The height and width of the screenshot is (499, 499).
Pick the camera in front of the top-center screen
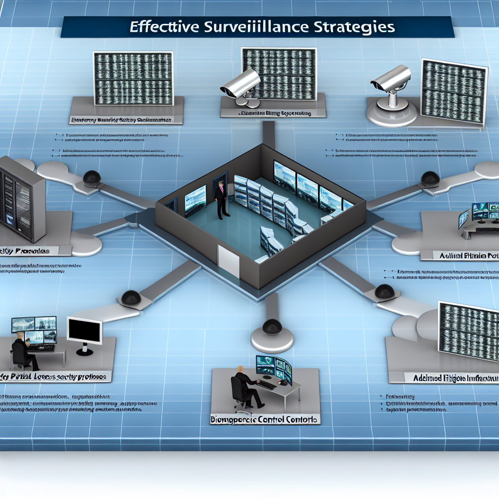click(x=241, y=85)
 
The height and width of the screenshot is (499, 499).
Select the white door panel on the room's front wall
click(x=228, y=260)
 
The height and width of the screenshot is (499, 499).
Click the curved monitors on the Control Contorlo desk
click(x=274, y=368)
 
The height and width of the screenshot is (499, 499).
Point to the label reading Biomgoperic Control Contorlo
click(x=265, y=419)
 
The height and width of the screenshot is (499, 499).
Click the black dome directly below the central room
click(x=272, y=327)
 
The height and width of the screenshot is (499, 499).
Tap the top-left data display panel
click(x=133, y=78)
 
